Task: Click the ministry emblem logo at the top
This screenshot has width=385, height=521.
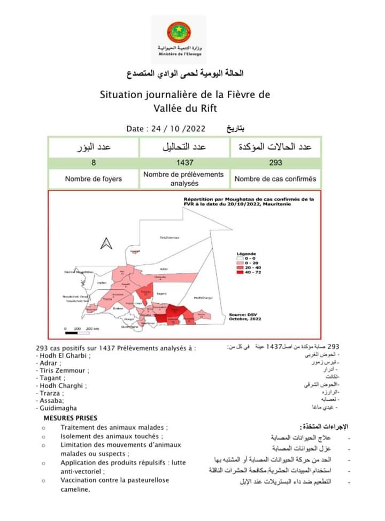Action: [x=178, y=33]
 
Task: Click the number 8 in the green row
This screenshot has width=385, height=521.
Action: [x=94, y=163]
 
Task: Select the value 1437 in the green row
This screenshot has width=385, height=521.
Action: [x=184, y=163]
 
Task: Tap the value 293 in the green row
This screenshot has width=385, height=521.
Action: [x=276, y=163]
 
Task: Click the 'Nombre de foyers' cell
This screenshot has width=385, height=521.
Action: [x=94, y=179]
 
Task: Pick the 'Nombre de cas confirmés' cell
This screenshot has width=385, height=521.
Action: [x=275, y=179]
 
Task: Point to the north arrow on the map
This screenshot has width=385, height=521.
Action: [x=106, y=243]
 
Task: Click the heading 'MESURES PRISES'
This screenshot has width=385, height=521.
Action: [x=71, y=418]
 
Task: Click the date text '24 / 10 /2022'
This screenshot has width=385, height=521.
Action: [x=173, y=129]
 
